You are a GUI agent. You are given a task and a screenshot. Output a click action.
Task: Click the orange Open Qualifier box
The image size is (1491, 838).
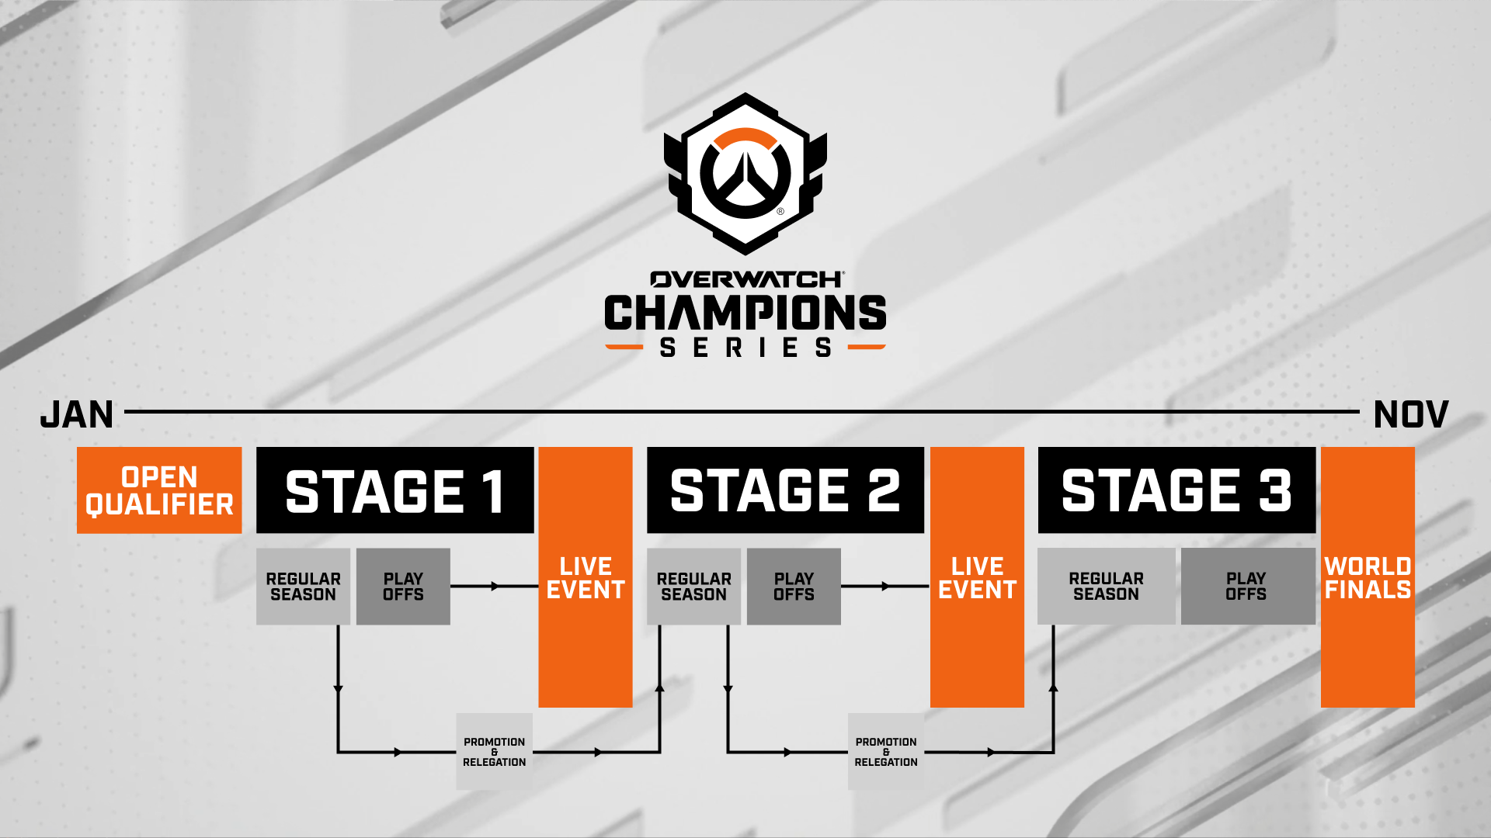pos(159,490)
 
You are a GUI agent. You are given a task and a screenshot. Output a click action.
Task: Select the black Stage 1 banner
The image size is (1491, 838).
pos(395,490)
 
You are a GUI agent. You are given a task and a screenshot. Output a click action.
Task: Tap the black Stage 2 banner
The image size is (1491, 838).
pos(785,490)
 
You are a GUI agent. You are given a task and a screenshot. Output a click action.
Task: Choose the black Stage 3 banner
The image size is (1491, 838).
pos(1176,490)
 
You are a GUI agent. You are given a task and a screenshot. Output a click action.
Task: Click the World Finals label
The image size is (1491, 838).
pos(1368,578)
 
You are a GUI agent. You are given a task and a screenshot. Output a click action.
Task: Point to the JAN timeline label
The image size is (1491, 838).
pos(77,414)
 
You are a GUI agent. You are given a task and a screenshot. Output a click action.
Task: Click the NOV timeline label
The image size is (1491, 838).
pos(1411,414)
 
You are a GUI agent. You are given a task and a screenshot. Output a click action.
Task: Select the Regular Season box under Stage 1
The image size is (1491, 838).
pos(303,587)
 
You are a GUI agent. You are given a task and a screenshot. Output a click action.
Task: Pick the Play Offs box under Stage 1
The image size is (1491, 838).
pos(403,587)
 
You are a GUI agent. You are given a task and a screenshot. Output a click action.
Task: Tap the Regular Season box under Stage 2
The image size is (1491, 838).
pos(693,587)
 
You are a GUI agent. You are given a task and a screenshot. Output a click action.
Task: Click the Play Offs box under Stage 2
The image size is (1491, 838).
pos(794,587)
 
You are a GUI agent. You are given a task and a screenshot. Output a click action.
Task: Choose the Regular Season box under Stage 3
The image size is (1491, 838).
pos(1107,587)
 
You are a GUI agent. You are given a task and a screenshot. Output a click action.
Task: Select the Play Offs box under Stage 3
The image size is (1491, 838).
pos(1248,587)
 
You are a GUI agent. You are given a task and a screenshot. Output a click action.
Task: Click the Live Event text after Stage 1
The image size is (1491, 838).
pos(586,578)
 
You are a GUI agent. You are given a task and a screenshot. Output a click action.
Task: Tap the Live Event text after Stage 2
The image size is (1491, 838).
pos(977,578)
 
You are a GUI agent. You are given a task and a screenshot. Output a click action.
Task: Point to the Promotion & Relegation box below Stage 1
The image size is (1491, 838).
pos(495,752)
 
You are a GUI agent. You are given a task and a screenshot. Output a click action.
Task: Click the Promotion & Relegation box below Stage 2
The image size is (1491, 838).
pos(886,752)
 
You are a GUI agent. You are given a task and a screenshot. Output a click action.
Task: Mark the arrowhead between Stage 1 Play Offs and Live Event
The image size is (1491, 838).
pos(495,587)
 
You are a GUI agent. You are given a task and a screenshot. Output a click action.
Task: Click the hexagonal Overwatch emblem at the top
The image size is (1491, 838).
pos(745,174)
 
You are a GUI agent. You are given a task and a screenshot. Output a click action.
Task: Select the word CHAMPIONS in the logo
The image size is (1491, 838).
pos(745,313)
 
